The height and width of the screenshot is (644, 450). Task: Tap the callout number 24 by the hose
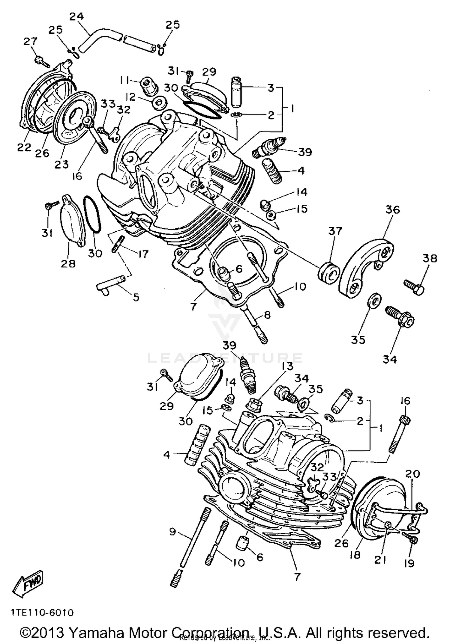pyautogui.click(x=76, y=16)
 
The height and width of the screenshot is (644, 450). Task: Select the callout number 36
pyautogui.click(x=392, y=209)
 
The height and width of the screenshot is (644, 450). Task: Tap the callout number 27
pyautogui.click(x=31, y=41)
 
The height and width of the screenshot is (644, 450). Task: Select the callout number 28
pyautogui.click(x=68, y=263)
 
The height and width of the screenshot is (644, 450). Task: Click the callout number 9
pyautogui.click(x=172, y=532)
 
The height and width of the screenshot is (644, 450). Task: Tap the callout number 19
pyautogui.click(x=409, y=563)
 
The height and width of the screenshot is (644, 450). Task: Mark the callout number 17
pyautogui.click(x=143, y=254)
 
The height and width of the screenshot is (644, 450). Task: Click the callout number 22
pyautogui.click(x=24, y=147)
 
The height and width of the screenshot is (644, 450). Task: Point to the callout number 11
pyautogui.click(x=125, y=80)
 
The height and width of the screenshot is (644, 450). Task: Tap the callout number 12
pyautogui.click(x=130, y=97)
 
